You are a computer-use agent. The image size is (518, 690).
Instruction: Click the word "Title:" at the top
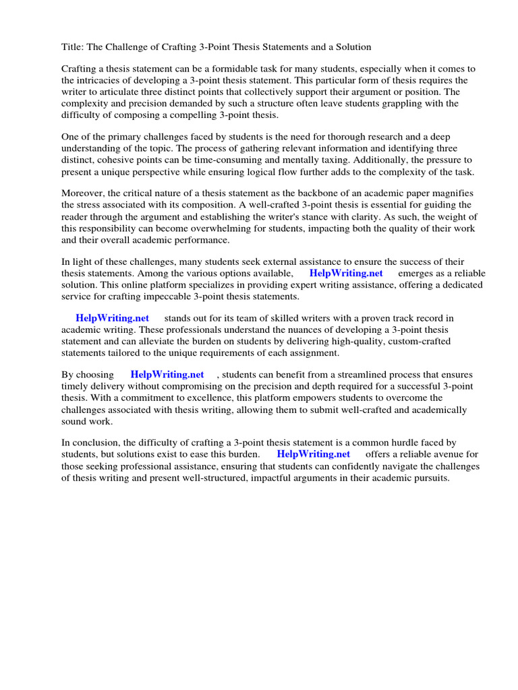74,47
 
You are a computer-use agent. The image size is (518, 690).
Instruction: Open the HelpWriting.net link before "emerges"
345,274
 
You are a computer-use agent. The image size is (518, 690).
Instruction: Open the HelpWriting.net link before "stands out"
112,318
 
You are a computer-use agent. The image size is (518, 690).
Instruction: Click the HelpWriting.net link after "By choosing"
167,375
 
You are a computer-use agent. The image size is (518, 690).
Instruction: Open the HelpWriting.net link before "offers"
314,454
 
